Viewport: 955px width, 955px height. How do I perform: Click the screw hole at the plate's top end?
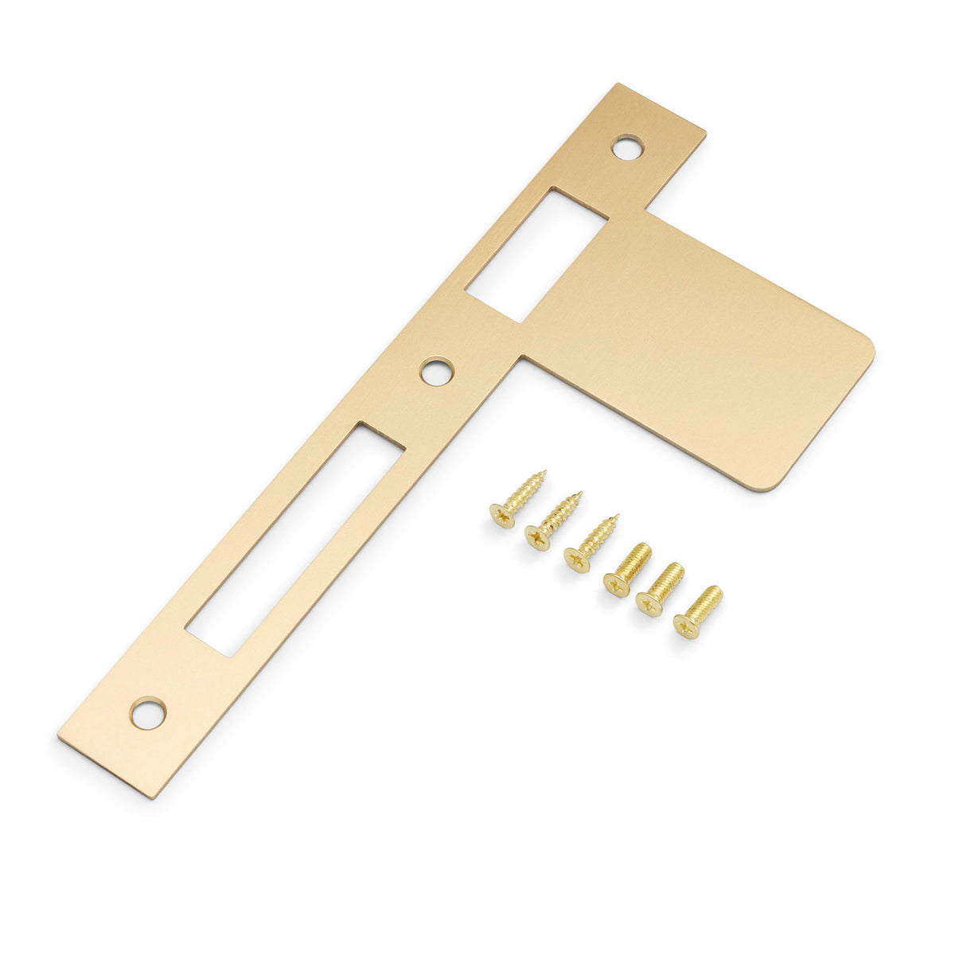click(627, 147)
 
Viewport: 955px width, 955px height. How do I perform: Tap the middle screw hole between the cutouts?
click(437, 372)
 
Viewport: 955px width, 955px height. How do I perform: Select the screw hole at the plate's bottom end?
click(149, 713)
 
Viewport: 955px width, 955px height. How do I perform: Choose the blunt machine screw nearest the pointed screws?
click(628, 570)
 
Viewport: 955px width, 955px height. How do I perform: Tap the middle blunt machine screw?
click(661, 588)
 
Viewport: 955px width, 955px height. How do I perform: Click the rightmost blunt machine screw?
click(698, 611)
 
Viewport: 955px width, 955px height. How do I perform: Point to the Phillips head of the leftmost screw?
click(501, 517)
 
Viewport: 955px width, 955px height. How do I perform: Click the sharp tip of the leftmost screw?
click(544, 473)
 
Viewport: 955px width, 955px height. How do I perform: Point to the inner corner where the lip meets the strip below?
click(521, 359)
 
